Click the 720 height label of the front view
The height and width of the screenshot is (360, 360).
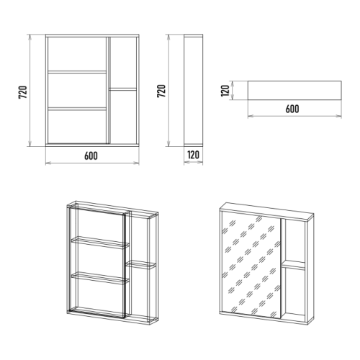tap(23, 92)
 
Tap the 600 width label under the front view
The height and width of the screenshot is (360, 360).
tap(91, 156)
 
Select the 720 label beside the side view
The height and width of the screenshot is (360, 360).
tap(161, 91)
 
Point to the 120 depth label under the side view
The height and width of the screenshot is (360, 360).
tap(194, 155)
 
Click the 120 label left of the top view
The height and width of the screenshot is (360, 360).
tap(225, 91)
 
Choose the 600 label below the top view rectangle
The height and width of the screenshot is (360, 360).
tap(292, 109)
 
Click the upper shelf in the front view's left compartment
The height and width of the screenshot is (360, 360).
tap(77, 72)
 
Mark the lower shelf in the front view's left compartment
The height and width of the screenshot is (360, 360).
tap(77, 109)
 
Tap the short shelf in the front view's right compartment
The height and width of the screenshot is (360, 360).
tap(122, 89)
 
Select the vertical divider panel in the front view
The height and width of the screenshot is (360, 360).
tap(107, 90)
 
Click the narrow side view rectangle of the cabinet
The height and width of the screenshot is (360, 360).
tap(194, 90)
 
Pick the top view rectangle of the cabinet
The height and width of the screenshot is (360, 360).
tap(294, 90)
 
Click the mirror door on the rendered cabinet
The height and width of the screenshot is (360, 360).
tap(251, 265)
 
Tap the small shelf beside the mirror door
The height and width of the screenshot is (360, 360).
tap(294, 265)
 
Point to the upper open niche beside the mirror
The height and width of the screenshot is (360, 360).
tap(293, 240)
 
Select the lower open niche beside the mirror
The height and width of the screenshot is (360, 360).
tap(294, 293)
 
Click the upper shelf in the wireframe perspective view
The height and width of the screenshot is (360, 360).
tap(100, 243)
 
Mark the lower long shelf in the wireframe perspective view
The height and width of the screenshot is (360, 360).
tap(100, 278)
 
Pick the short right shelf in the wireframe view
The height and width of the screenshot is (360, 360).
tap(140, 265)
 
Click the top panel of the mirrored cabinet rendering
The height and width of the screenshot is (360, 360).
tap(267, 212)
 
